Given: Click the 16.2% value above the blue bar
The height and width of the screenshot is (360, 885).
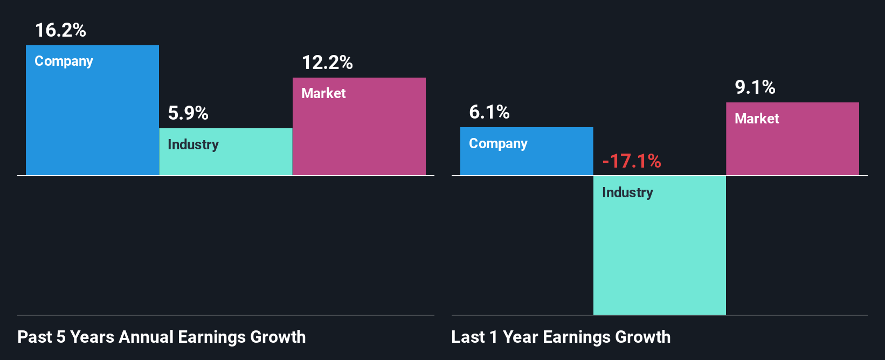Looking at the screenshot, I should [60, 30].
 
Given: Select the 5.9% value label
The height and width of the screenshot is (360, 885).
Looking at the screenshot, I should [188, 113].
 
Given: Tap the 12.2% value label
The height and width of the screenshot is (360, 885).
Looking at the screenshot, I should [327, 63].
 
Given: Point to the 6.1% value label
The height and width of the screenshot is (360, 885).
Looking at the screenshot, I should [489, 112].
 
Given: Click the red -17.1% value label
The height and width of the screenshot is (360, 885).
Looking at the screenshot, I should [631, 161].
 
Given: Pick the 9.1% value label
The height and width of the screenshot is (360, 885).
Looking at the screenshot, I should [755, 87].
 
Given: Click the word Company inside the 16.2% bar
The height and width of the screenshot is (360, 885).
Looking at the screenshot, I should [64, 61].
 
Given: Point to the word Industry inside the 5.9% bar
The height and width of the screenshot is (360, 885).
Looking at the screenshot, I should [193, 144].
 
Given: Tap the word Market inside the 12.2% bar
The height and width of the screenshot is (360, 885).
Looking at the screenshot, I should [323, 93].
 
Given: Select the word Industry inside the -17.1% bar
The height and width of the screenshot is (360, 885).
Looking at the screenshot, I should [627, 192].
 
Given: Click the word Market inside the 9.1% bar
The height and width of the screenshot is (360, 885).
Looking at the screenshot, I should [757, 119].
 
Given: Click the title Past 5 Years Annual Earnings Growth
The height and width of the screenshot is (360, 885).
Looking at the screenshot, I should [161, 337].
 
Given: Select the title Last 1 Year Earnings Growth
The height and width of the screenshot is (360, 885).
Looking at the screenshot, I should [561, 337].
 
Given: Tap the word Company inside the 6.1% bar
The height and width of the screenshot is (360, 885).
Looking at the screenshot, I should [498, 144].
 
